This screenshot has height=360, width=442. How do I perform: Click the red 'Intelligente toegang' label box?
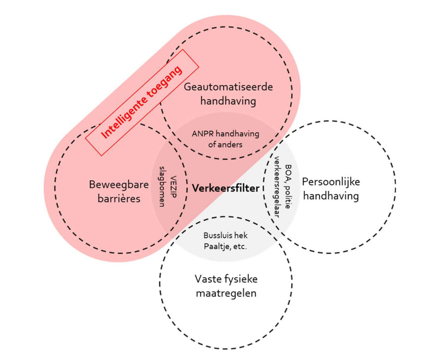pyautogui.click(x=142, y=102)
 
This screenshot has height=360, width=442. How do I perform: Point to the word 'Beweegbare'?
pyautogui.click(x=119, y=185)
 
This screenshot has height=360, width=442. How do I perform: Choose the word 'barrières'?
pyautogui.click(x=119, y=198)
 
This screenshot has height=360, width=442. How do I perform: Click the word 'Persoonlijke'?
pyautogui.click(x=331, y=182)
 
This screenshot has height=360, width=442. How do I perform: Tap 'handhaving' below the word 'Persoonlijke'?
pyautogui.click(x=331, y=196)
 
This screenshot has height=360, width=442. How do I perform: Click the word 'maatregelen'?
pyautogui.click(x=225, y=293)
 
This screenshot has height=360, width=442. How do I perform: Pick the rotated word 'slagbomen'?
pyautogui.click(x=162, y=186)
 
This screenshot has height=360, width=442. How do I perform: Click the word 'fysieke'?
pyautogui.click(x=242, y=280)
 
